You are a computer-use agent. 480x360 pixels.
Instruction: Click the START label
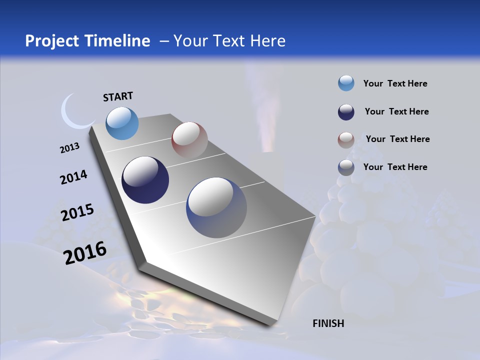click(118, 96)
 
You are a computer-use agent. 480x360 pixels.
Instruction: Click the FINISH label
click(328, 323)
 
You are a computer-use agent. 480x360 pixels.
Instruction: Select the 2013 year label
click(69, 148)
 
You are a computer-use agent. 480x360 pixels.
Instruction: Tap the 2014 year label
click(73, 177)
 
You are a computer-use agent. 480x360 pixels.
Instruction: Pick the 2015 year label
click(77, 212)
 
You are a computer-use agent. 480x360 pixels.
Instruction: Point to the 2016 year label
click(85, 252)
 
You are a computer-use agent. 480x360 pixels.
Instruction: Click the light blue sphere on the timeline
click(122, 123)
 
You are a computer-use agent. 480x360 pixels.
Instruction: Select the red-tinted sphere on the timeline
click(189, 140)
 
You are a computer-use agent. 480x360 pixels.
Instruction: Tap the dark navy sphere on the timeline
click(145, 180)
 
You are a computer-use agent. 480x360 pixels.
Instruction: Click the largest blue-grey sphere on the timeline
click(216, 207)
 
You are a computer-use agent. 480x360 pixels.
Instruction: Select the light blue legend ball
click(346, 83)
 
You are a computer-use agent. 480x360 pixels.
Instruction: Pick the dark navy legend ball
click(346, 112)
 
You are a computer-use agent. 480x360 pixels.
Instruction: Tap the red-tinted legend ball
click(346, 139)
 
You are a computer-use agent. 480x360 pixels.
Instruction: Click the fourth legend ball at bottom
click(346, 167)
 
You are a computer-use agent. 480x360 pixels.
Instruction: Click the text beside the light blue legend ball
click(395, 83)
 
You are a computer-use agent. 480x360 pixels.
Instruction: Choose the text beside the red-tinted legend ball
click(397, 139)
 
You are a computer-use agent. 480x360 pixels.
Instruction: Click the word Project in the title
click(53, 41)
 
